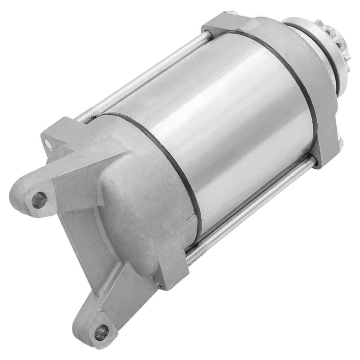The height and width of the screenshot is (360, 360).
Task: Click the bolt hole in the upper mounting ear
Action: [x=39, y=199]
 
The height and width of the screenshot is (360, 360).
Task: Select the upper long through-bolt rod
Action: [x=150, y=75]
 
